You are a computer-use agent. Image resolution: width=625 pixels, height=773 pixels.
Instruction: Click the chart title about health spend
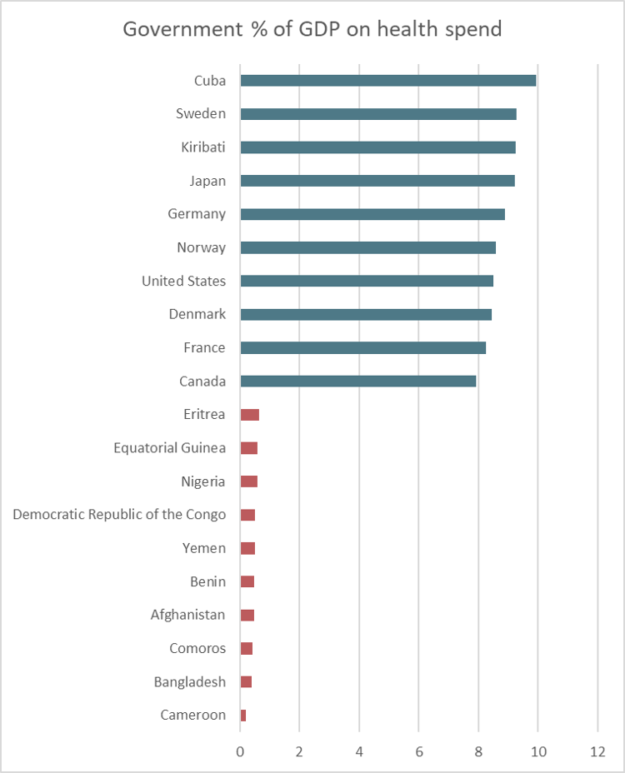312,30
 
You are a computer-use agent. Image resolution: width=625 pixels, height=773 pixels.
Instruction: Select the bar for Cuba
387,81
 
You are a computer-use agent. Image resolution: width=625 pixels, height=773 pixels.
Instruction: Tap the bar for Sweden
377,114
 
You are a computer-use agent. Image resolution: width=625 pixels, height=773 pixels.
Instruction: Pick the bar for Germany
372,214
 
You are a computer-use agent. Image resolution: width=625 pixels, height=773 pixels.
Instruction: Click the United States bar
366,281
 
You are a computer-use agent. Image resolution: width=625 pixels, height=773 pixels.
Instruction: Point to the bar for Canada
357,381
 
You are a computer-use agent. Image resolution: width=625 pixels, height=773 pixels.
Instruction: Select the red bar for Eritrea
249,415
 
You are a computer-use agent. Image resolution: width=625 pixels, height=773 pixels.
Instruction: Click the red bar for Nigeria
248,481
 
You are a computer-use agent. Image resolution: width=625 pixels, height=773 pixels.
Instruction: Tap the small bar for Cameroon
243,716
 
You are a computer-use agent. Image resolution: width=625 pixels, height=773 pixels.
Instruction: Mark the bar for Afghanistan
247,615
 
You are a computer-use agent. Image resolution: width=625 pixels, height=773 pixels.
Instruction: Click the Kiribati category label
203,147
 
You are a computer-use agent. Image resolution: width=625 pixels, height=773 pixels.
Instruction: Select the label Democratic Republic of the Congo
119,514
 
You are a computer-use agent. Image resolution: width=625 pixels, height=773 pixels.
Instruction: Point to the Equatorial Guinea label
169,447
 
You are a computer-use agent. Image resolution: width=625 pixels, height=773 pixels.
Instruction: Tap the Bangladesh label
189,681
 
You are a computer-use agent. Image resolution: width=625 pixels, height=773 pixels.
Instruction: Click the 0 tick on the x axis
240,750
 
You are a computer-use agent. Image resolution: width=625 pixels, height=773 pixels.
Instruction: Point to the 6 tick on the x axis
418,750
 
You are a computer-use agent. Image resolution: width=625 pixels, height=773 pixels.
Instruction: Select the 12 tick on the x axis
597,750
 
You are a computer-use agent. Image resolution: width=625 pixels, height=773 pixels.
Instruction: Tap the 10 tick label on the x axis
537,750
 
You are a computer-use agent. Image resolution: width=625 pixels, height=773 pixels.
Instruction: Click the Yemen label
203,547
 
